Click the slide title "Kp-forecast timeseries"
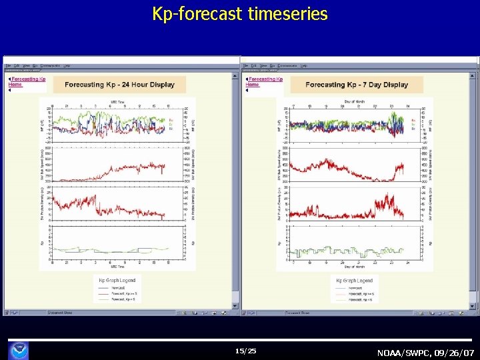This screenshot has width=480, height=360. (x=240, y=14)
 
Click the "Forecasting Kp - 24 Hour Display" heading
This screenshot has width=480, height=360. (x=119, y=85)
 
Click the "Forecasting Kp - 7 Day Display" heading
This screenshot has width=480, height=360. (x=357, y=85)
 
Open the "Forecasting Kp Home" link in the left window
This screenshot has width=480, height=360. (x=27, y=82)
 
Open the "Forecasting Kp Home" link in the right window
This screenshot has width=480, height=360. (x=264, y=82)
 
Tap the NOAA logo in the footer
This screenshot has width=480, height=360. (x=19, y=349)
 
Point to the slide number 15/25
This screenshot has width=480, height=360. (x=245, y=351)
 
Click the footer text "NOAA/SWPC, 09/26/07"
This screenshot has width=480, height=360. (x=426, y=352)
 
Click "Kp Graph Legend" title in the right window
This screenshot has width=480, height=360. (x=354, y=281)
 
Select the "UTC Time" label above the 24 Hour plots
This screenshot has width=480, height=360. (x=118, y=101)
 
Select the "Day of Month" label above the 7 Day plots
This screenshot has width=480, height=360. (x=355, y=101)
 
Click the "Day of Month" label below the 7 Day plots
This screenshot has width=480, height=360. (x=355, y=267)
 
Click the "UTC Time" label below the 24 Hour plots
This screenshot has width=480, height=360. (x=118, y=267)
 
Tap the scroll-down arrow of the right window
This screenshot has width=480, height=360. (x=475, y=305)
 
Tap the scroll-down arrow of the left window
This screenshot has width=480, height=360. (x=235, y=305)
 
